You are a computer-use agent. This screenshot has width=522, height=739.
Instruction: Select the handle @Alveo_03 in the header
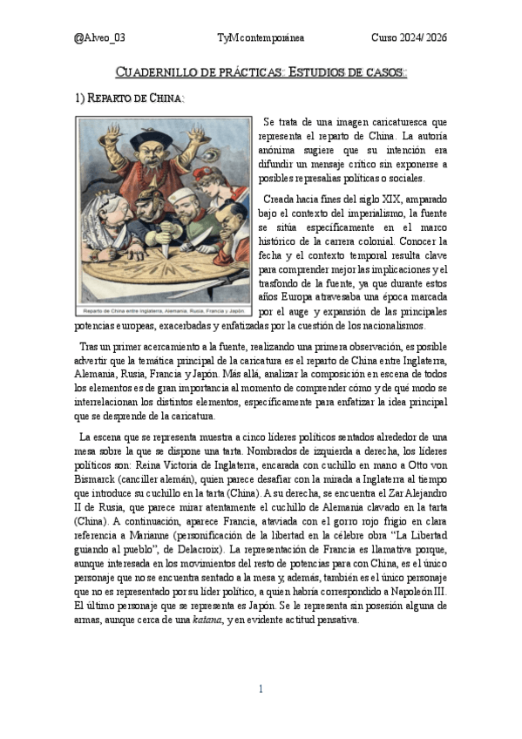coord(100,37)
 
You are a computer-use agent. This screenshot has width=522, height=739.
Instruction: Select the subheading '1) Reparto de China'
coord(130,98)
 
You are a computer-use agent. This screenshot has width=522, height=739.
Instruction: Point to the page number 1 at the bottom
coord(261,688)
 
